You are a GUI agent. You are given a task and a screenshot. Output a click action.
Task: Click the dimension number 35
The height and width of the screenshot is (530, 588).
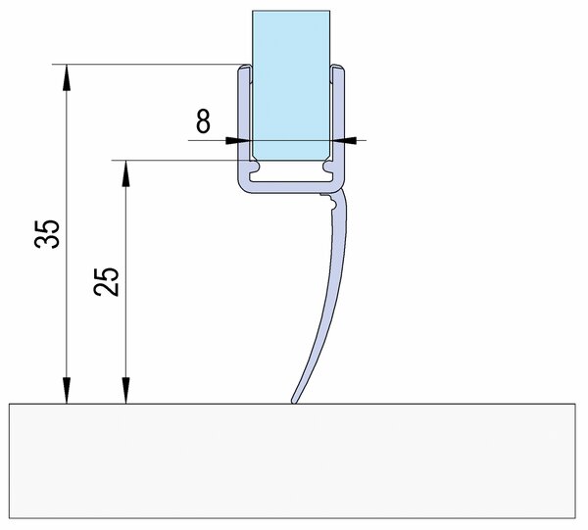click(x=47, y=234)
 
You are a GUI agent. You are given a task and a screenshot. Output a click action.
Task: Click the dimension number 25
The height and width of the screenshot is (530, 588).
click(x=107, y=281)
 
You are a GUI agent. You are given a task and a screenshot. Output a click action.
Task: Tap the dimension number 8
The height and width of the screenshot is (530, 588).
click(x=203, y=121)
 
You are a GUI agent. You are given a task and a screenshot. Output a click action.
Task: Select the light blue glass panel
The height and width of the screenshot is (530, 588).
click(x=291, y=85)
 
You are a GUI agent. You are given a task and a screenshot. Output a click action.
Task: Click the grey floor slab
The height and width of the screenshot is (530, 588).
click(x=292, y=460)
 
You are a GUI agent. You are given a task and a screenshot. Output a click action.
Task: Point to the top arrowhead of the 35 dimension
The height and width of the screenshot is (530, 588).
click(x=67, y=77)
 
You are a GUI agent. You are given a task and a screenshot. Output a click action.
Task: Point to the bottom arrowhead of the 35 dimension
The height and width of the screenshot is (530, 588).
click(x=67, y=390)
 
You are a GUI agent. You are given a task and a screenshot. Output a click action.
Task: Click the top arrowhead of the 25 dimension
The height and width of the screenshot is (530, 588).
click(x=126, y=173)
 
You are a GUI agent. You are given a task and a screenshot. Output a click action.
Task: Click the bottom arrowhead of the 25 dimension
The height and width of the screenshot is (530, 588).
click(x=126, y=390)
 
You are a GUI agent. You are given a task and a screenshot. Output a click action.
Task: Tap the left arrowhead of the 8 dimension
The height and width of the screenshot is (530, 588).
click(x=238, y=140)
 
